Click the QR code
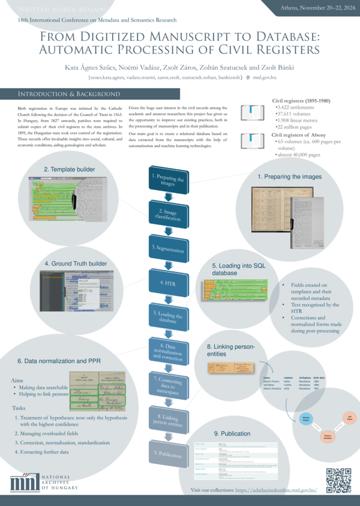coord(338,480)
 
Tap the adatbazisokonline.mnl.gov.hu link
coord(277,491)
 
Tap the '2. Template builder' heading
coord(70,170)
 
